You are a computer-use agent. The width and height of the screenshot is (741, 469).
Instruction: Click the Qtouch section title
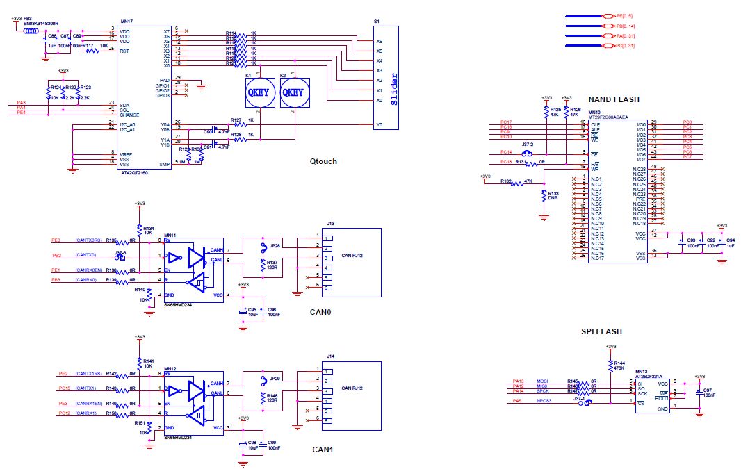click(324, 161)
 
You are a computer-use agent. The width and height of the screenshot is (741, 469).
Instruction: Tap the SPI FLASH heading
click(601, 331)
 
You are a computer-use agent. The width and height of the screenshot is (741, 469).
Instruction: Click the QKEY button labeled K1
click(260, 92)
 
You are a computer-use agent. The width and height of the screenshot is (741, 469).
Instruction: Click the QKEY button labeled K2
click(293, 92)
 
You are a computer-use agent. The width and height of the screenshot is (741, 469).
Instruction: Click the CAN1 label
click(323, 450)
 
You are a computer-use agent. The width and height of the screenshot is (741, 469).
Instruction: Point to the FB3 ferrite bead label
click(28, 19)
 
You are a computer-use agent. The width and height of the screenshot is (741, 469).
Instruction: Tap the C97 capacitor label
click(708, 391)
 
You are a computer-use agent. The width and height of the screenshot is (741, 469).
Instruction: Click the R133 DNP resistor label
click(554, 196)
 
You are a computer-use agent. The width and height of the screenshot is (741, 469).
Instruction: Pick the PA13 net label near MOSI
click(518, 381)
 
